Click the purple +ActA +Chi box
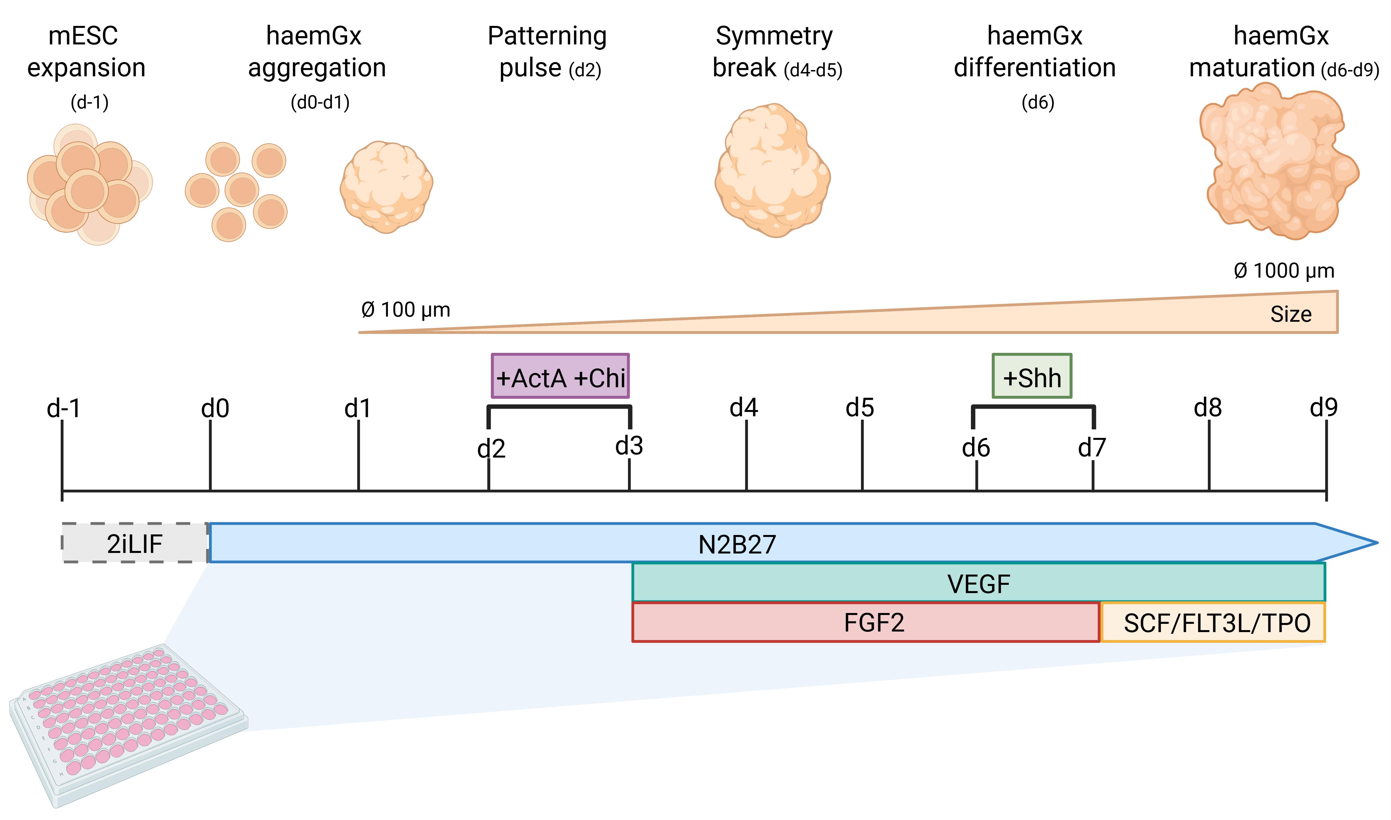[x=560, y=376]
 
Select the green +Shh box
[x=1032, y=376]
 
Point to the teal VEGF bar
[x=978, y=582]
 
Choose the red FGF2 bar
[x=866, y=622]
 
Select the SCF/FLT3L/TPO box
[x=1213, y=622]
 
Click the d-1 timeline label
[x=64, y=408]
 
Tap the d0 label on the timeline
[x=215, y=408]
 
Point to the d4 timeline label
[x=744, y=408]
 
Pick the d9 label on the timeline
[x=1324, y=408]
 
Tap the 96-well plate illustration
[x=128, y=725]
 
